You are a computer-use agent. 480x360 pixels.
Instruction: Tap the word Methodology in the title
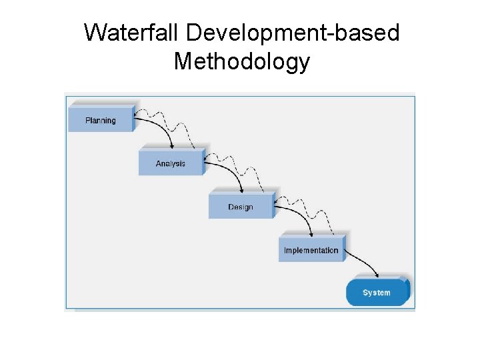pyautogui.click(x=241, y=61)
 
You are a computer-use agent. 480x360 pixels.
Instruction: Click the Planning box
pyautogui.click(x=101, y=119)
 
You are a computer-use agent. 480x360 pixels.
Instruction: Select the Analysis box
pyautogui.click(x=171, y=163)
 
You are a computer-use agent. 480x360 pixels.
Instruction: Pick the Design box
pyautogui.click(x=241, y=206)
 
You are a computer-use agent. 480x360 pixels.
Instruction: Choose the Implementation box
pyautogui.click(x=311, y=249)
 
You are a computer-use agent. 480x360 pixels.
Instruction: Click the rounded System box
pyautogui.click(x=377, y=292)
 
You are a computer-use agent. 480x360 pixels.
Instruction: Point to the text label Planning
pyautogui.click(x=101, y=121)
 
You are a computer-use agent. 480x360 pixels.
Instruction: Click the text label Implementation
pyautogui.click(x=311, y=251)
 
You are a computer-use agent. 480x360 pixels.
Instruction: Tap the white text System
pyautogui.click(x=377, y=293)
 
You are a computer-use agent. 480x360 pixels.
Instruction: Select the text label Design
pyautogui.click(x=241, y=207)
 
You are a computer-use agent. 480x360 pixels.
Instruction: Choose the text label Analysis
pyautogui.click(x=171, y=164)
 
